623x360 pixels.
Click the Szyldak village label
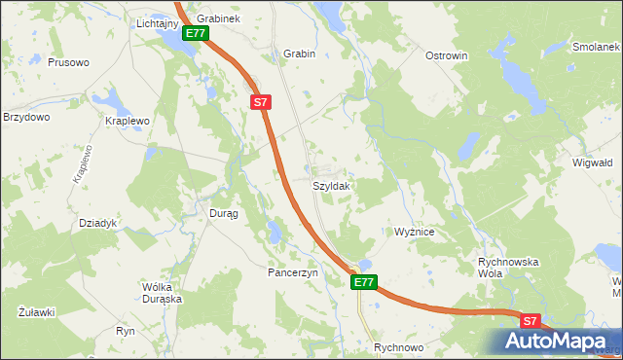coord(332,185)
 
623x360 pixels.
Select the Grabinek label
coord(218,18)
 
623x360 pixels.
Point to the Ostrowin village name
coord(447,55)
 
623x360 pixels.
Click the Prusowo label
coord(68,62)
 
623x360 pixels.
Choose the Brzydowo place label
coord(26,116)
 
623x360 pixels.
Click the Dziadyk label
coord(97,223)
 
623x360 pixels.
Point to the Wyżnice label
coord(421,233)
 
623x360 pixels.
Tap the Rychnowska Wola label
coord(508,269)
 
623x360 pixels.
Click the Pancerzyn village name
coord(293,273)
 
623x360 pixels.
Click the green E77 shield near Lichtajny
coord(195,33)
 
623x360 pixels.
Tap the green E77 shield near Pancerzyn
coord(363,282)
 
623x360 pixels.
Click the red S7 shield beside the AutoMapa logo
coord(530,319)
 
